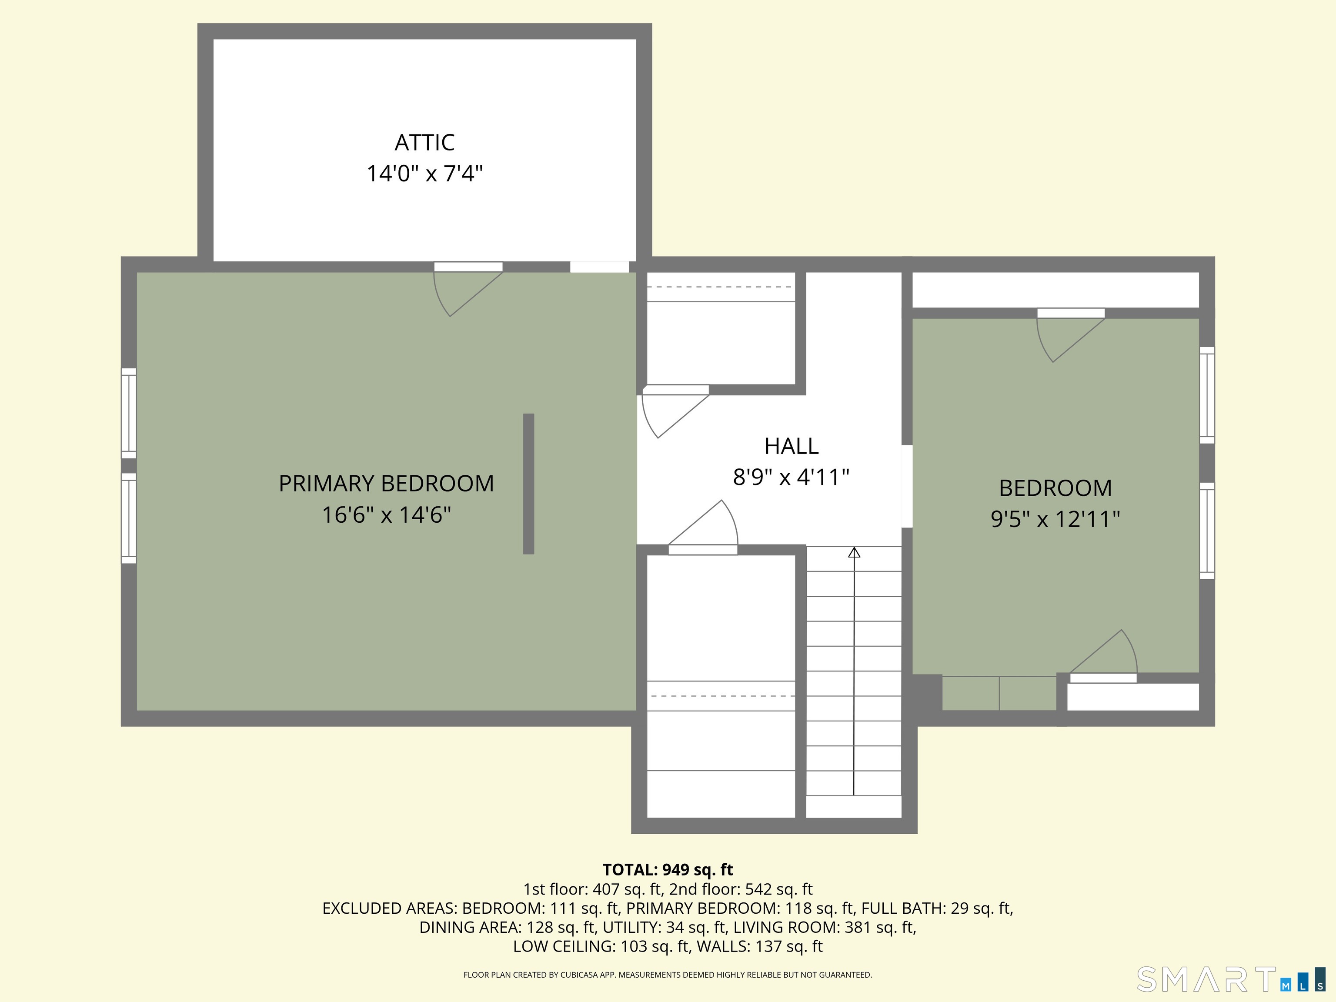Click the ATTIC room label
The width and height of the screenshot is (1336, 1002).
(424, 143)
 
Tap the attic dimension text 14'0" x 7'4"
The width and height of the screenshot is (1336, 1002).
(424, 174)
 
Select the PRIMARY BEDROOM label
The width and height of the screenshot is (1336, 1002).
(386, 483)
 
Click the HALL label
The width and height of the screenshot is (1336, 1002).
(791, 446)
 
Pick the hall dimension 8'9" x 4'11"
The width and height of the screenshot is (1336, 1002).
(791, 477)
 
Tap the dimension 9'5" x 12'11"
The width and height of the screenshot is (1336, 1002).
(1055, 519)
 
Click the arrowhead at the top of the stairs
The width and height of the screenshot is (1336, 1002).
(853, 552)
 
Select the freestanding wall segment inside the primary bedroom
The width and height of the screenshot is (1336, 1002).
(528, 483)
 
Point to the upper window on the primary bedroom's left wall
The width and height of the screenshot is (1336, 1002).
(129, 413)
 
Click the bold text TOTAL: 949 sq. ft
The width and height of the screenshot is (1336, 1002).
(668, 870)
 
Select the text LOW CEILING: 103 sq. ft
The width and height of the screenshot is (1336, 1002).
(600, 946)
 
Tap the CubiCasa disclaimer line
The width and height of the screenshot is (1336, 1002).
(668, 975)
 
